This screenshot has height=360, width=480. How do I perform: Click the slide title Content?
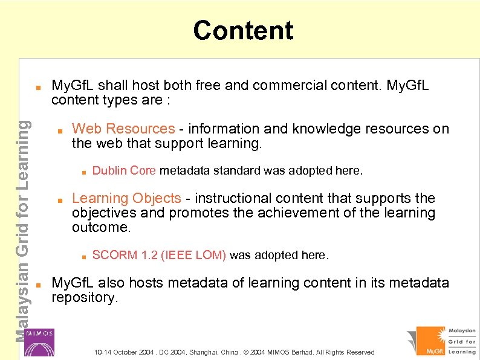pos(243,30)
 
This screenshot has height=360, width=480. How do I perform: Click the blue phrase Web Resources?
pos(123,129)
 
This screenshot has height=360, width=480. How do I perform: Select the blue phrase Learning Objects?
pos(126,198)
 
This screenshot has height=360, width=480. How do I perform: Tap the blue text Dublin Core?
pos(124,171)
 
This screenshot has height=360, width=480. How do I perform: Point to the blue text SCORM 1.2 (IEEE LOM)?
pos(159,256)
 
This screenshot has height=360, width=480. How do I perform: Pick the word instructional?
pos(235,198)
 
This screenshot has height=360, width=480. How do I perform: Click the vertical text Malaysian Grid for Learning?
pos(21,230)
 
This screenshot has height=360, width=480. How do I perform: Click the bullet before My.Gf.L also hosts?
pos(37,283)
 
